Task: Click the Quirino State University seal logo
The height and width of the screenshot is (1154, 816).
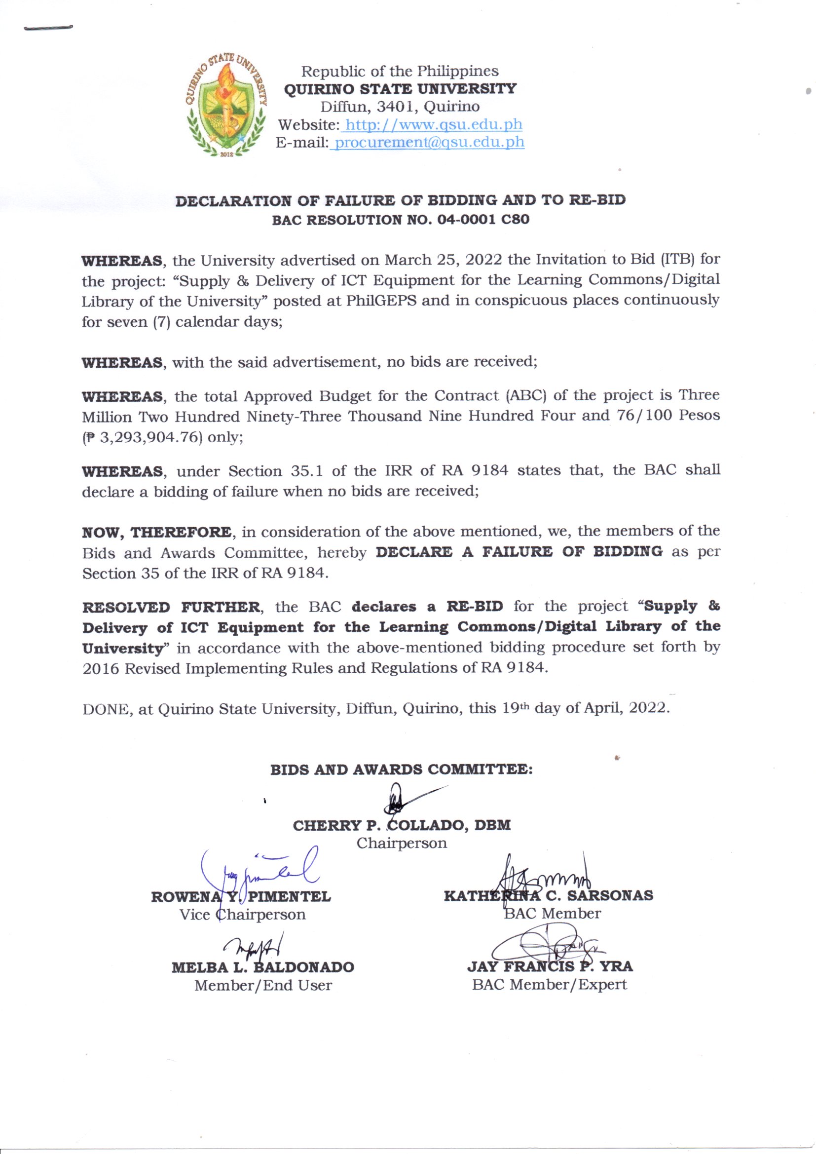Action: [226, 107]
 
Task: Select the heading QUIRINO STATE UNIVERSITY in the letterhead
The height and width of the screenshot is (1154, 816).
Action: [400, 89]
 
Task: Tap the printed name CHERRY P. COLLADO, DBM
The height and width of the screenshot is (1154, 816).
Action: [402, 825]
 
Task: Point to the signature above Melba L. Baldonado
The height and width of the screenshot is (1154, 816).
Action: [256, 948]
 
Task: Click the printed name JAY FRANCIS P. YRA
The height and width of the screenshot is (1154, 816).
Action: [550, 966]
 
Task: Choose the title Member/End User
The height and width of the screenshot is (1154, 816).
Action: [263, 985]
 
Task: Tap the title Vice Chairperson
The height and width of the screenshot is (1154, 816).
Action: [242, 914]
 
